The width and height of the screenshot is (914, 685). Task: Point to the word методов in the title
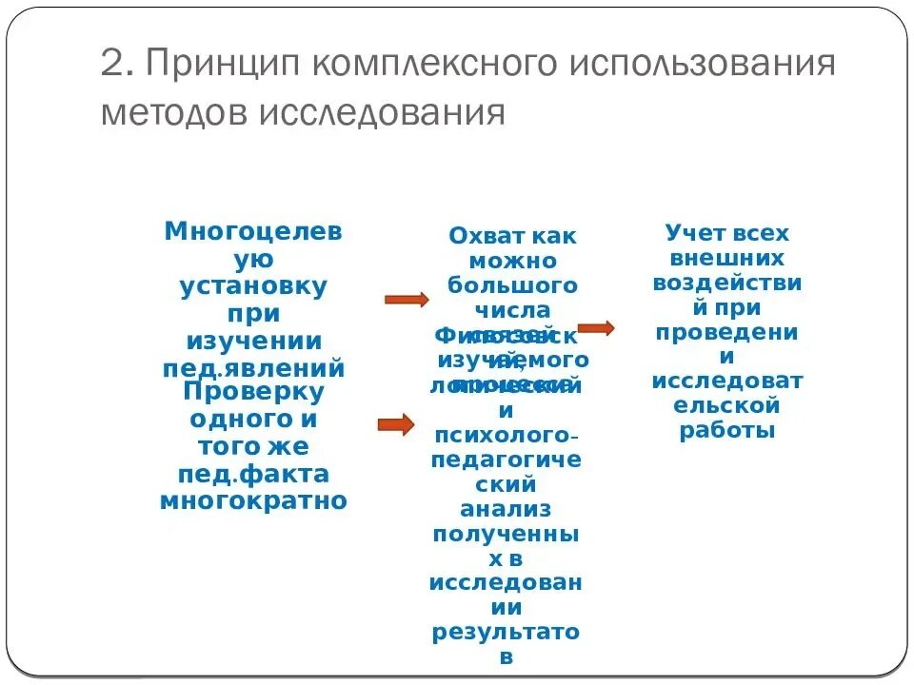point(168,113)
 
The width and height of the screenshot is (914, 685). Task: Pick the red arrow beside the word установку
point(407,300)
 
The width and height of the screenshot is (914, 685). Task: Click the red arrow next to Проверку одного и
point(396,424)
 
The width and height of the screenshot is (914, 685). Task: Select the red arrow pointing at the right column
point(596,328)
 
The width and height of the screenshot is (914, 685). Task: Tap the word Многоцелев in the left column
point(252,231)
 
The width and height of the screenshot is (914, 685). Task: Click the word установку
point(253,285)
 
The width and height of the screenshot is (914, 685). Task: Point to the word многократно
point(253,500)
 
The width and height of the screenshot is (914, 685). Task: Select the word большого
point(512,284)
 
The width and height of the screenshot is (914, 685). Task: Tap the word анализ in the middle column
point(506,510)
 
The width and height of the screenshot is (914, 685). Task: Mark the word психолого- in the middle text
point(506,436)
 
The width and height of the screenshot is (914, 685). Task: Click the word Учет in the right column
point(695,233)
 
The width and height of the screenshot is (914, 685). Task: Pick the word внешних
point(727,258)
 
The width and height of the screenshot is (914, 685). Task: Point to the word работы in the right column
point(727,430)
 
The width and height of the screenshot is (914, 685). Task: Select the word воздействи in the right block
point(727,283)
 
